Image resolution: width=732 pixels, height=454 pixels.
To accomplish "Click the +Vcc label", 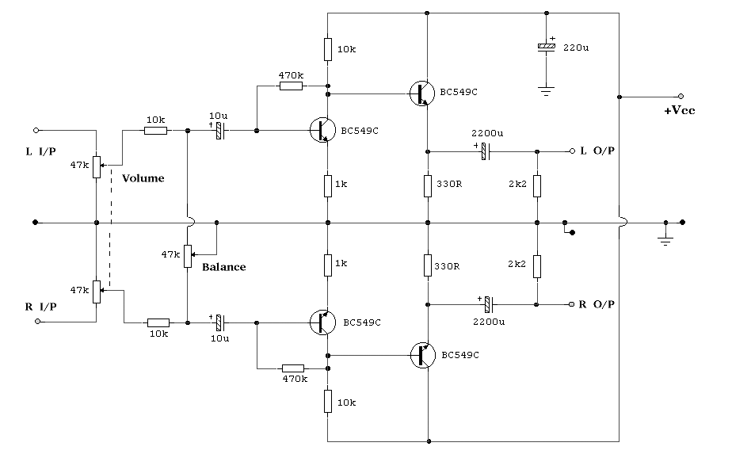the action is [679, 111].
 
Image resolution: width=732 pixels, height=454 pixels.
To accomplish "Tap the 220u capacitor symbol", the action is [546, 48].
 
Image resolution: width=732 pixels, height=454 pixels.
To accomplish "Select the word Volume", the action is [143, 178].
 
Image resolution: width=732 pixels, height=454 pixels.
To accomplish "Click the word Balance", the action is [223, 267].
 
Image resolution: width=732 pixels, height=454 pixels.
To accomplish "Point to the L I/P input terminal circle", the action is [36, 130].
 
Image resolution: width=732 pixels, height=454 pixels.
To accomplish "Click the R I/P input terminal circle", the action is [38, 322].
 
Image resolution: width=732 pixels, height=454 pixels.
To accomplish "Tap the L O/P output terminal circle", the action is [572, 151].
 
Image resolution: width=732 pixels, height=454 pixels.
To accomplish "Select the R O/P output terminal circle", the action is [571, 304].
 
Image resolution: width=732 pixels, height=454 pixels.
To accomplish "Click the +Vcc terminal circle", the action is [681, 97].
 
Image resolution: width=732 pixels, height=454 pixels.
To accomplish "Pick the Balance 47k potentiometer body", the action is [187, 256].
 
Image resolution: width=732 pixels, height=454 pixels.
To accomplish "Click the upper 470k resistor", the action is [292, 86].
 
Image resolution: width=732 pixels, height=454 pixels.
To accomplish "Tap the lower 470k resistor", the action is [293, 368].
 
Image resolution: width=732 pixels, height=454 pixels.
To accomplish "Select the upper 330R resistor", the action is [428, 185].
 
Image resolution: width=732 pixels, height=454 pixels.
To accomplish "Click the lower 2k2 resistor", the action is [537, 267].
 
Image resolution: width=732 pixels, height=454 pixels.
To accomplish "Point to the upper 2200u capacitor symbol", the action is [486, 151].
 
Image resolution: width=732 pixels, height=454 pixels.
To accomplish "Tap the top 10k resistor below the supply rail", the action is [328, 49].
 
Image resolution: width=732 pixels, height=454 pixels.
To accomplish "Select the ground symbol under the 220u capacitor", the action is [546, 90].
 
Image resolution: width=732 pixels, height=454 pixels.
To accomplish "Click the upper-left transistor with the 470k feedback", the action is [322, 130].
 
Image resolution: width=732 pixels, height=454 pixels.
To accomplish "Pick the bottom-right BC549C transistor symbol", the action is [422, 355].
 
